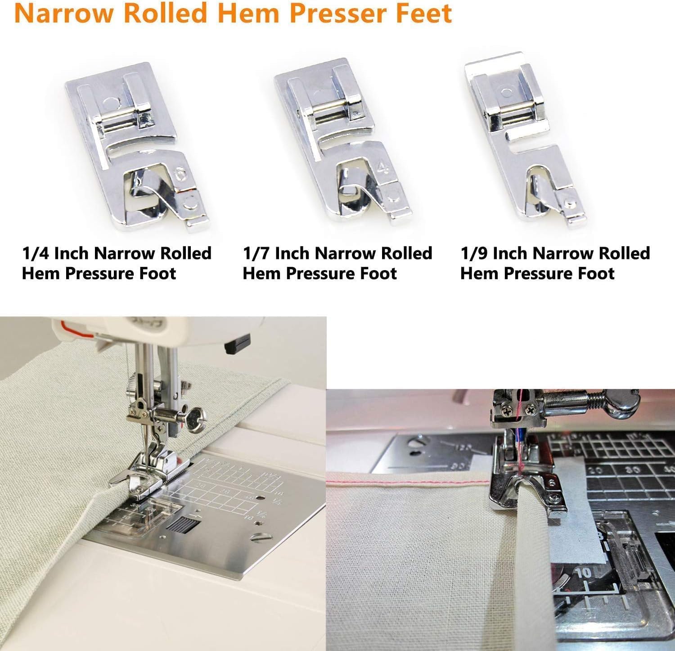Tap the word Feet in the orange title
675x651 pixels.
coord(423,14)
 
